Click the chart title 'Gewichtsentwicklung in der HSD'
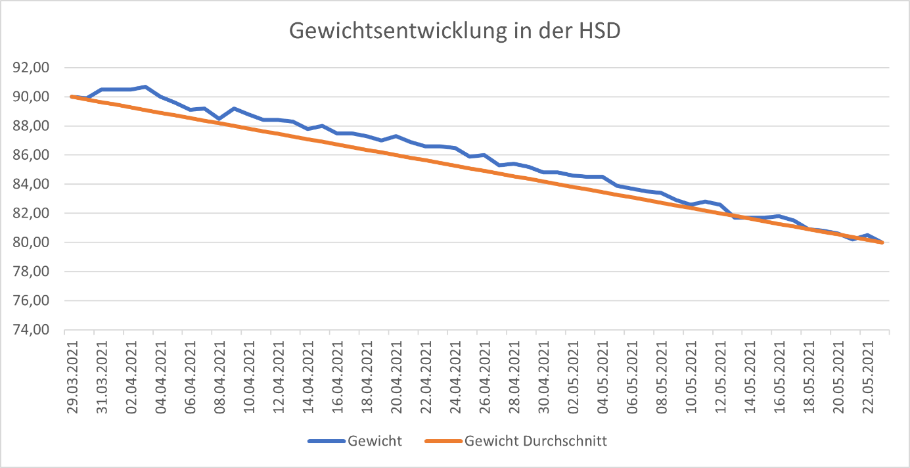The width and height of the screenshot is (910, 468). click(454, 31)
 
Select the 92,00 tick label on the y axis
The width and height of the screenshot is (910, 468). click(32, 68)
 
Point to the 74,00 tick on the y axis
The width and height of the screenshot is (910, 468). click(32, 330)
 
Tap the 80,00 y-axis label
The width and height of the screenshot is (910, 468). click(32, 243)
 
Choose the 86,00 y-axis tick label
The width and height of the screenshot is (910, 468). click(32, 155)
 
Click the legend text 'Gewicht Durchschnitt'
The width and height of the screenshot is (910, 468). click(535, 441)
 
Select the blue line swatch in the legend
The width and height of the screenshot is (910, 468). click(326, 441)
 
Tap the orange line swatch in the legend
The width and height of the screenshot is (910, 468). click(442, 441)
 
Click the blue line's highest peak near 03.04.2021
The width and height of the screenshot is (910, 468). click(145, 87)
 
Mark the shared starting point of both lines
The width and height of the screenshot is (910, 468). click(72, 97)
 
